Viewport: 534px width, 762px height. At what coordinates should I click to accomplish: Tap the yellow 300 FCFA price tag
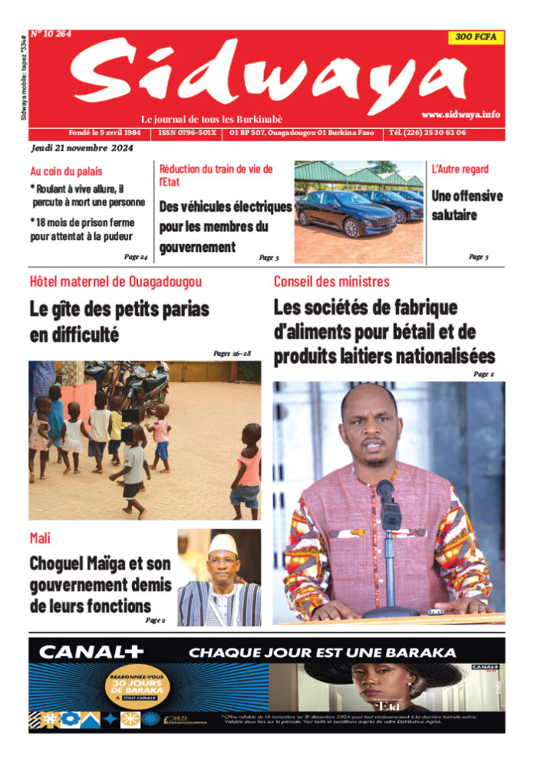[476, 37]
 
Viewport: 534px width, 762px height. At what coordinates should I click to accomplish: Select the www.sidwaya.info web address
[460, 114]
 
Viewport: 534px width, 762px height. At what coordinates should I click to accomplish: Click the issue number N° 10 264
[51, 34]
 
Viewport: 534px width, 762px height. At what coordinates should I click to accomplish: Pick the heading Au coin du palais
[66, 172]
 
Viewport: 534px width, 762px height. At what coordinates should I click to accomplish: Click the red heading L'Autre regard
[460, 169]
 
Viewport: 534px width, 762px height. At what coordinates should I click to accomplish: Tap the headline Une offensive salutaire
[466, 205]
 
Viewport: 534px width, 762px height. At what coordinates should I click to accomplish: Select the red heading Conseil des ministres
[331, 281]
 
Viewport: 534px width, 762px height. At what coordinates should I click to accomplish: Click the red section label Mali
[40, 539]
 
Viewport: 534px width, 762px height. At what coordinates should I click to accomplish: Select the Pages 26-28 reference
[232, 353]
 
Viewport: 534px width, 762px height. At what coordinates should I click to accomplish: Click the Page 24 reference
[136, 256]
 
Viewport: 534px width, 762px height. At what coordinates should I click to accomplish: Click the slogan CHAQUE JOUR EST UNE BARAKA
[322, 653]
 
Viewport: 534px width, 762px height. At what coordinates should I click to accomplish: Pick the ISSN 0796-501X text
[187, 133]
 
